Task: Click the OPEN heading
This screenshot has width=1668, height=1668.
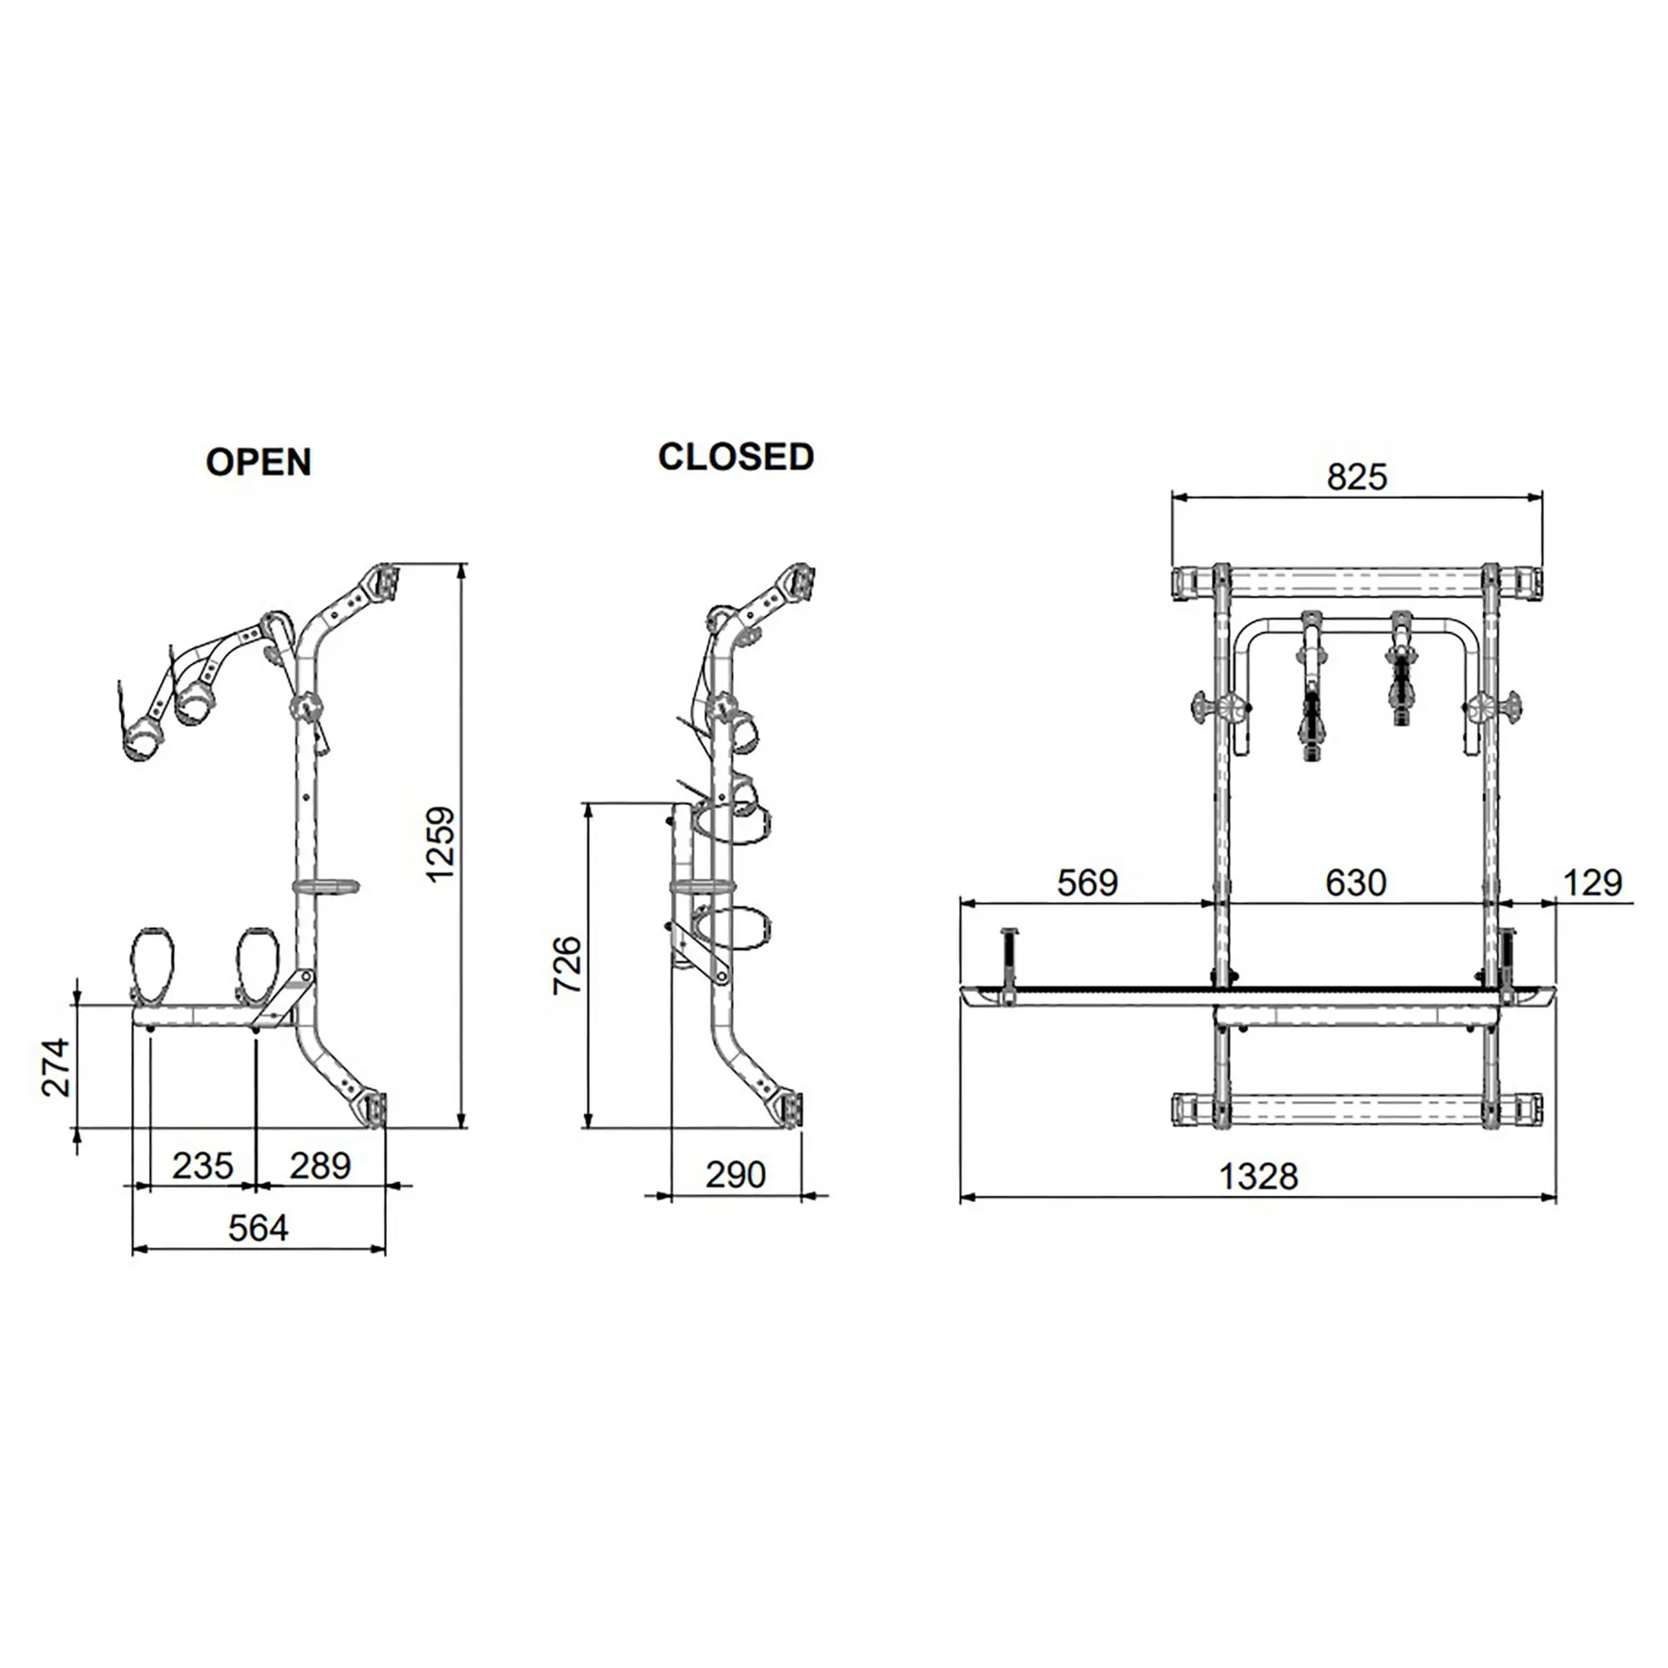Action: pyautogui.click(x=259, y=463)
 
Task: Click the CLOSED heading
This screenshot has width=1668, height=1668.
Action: pyautogui.click(x=736, y=457)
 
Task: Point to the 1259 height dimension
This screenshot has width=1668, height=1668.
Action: pyautogui.click(x=440, y=843)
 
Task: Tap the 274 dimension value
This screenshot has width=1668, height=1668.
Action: pyautogui.click(x=56, y=1068)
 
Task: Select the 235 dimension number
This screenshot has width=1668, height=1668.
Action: pyautogui.click(x=203, y=1167)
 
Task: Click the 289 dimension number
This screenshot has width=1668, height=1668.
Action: pyautogui.click(x=320, y=1167)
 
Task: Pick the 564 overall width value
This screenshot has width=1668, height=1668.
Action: pyautogui.click(x=259, y=1228)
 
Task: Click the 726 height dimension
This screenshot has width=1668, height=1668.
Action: pyautogui.click(x=567, y=965)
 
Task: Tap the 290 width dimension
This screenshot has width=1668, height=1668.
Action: pyautogui.click(x=736, y=1175)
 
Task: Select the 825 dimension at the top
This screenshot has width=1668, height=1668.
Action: pyautogui.click(x=1356, y=477)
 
